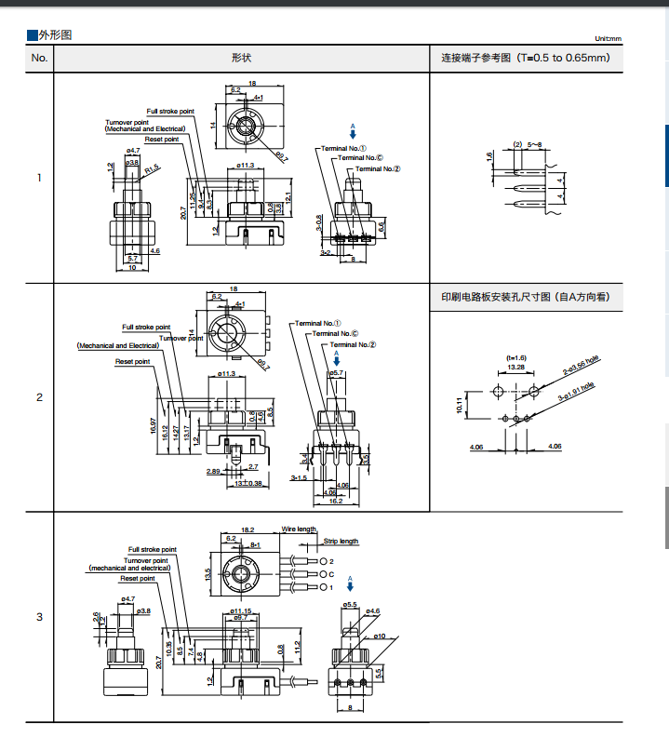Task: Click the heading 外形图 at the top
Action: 54,35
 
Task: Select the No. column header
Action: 39,58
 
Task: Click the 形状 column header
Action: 241,58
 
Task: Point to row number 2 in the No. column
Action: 39,397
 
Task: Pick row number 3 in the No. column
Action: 39,617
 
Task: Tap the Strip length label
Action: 341,541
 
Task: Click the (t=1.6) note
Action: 515,357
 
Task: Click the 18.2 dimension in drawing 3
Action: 248,529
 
